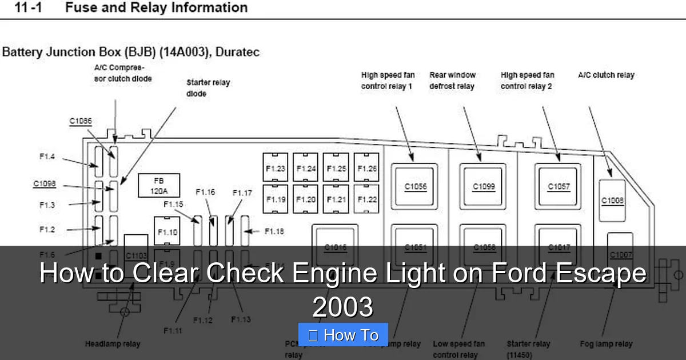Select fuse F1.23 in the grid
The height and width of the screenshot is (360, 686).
[276, 168]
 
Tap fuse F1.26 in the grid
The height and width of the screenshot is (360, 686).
[366, 168]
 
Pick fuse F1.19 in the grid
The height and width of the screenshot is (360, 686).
[276, 199]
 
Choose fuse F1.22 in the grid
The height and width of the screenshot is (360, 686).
[366, 199]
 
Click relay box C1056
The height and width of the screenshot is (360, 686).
[415, 186]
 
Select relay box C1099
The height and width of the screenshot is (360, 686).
[484, 186]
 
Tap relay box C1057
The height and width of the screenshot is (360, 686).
[558, 186]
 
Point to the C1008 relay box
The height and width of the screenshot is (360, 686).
[612, 201]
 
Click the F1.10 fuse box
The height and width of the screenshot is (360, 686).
[167, 232]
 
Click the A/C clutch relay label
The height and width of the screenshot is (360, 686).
[606, 75]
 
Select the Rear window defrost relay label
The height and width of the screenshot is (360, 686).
[452, 81]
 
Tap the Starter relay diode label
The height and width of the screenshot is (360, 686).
[208, 88]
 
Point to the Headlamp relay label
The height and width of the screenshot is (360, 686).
[113, 344]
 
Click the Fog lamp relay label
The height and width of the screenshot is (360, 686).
[606, 344]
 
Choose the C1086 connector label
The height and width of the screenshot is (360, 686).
[81, 121]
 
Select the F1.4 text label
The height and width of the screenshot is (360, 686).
[47, 157]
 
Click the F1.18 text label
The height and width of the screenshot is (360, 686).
[274, 231]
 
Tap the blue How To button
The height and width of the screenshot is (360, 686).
[343, 335]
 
